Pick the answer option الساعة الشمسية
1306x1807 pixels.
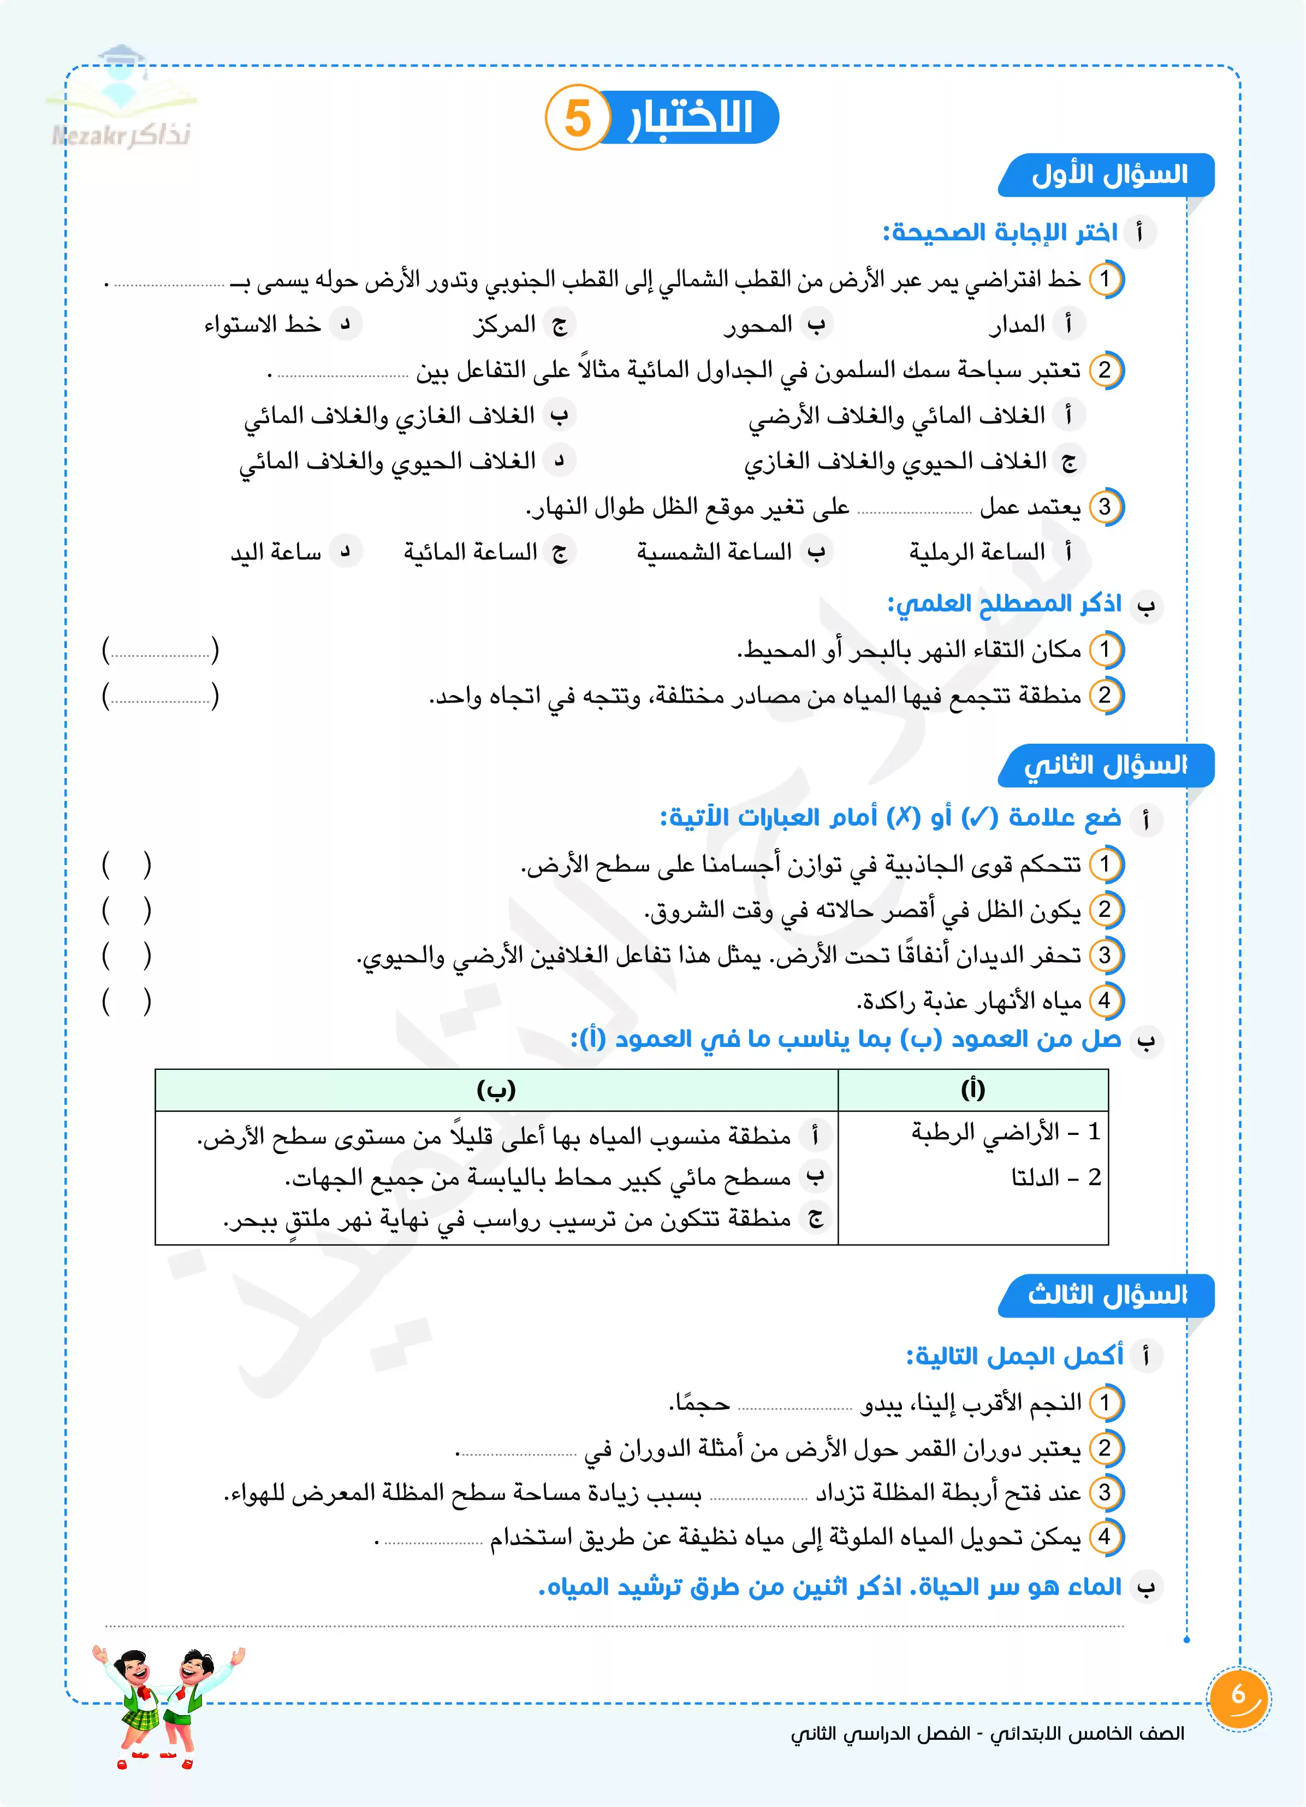coord(714,552)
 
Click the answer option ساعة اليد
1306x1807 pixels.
coord(276,552)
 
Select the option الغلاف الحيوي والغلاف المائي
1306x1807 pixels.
coord(388,461)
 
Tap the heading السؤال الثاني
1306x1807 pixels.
coord(1106,766)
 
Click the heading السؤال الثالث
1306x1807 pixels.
coord(1107,1294)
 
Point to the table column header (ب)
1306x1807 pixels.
coord(496,1089)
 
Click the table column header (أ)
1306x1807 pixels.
coord(973,1089)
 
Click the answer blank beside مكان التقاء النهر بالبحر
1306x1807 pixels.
coord(160,650)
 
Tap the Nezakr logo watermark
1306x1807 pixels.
coord(121,99)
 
